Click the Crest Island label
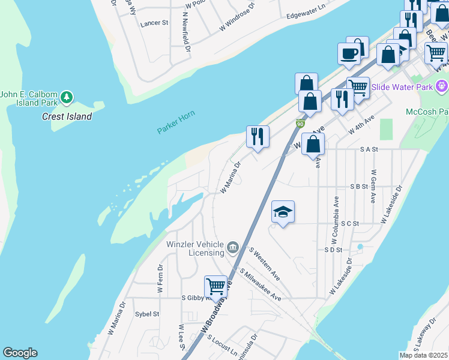tap(67, 117)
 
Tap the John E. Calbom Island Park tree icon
tap(67, 97)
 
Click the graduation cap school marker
tap(283, 212)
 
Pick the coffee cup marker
tap(349, 54)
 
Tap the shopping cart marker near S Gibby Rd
tap(215, 287)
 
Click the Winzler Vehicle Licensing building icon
tap(233, 247)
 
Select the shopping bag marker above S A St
tap(313, 145)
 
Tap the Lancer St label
tap(154, 23)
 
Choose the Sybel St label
tap(147, 314)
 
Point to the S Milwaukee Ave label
tap(260, 284)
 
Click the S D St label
tap(333, 250)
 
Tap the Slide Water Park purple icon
tap(442, 86)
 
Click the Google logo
tap(20, 353)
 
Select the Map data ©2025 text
tap(423, 355)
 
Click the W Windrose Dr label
tap(237, 17)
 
